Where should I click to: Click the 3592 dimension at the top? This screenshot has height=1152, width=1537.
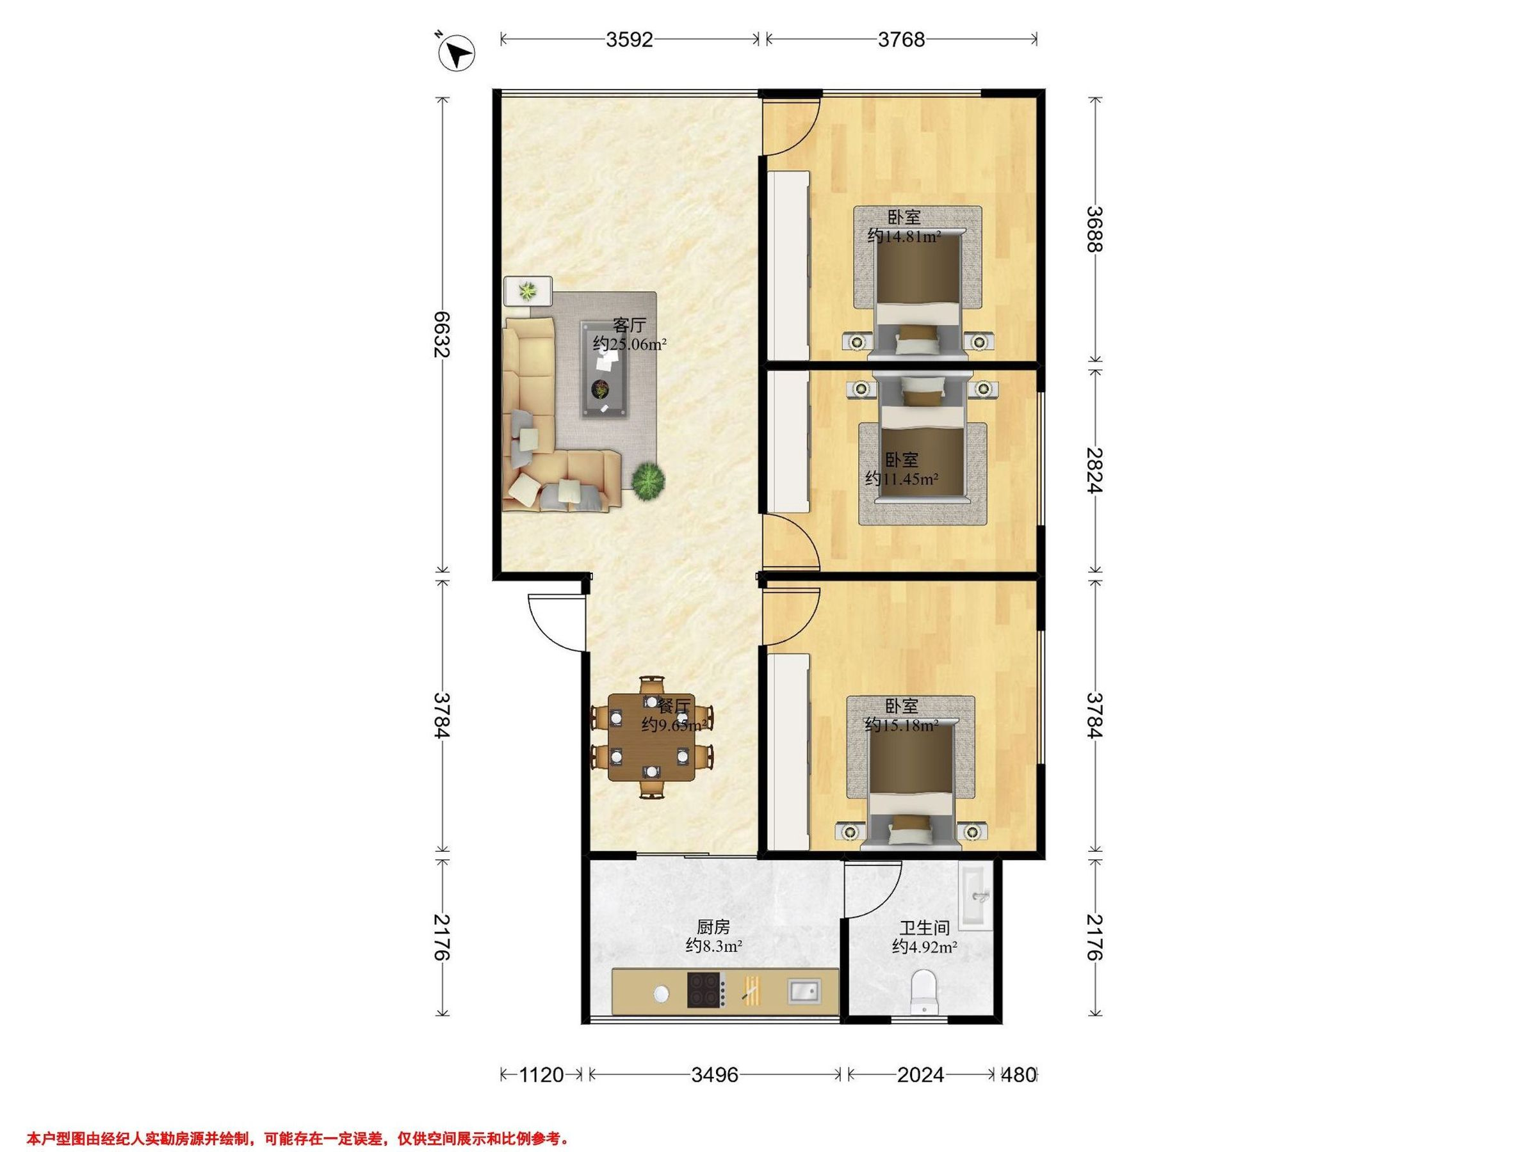click(x=630, y=40)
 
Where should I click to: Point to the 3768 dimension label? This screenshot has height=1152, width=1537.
click(x=901, y=40)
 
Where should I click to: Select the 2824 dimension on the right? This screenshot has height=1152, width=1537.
click(x=1094, y=470)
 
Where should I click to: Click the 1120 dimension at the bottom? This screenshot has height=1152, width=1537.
click(x=541, y=1076)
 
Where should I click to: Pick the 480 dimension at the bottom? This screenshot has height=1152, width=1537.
click(x=1020, y=1076)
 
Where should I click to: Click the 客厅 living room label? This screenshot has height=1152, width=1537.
click(x=630, y=325)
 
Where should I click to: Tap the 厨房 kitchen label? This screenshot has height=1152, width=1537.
click(x=713, y=928)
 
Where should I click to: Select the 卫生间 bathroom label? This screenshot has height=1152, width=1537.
click(x=924, y=929)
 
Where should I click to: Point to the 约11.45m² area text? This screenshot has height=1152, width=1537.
click(x=902, y=479)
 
